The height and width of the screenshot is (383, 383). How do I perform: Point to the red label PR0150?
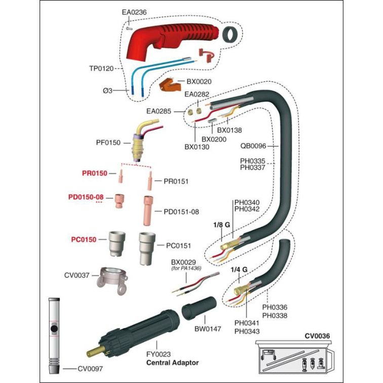[x=95, y=173]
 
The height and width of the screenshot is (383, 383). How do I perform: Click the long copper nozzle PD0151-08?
[x=150, y=209]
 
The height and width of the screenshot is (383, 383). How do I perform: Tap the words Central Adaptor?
[x=173, y=363]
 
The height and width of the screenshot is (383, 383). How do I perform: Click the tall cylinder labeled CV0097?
[x=54, y=329]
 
